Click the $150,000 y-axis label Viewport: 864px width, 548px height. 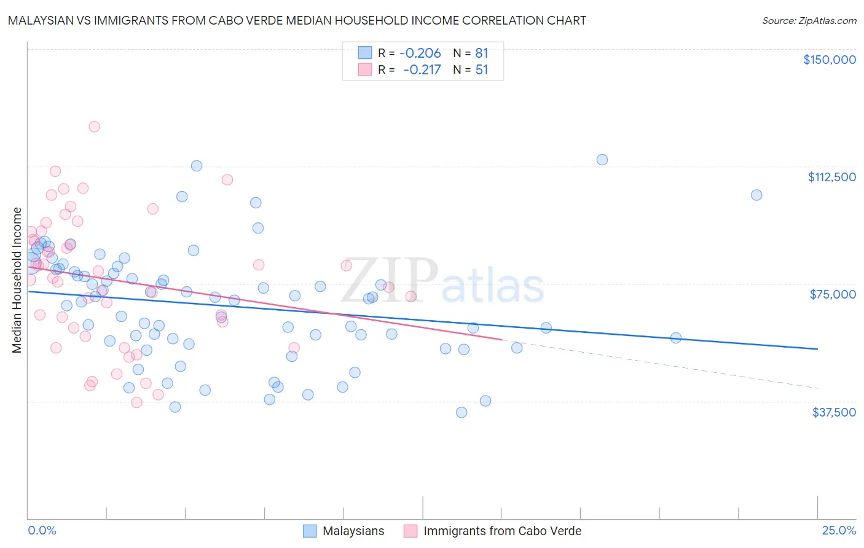(829, 60)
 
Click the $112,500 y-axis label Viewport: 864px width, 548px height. (831, 177)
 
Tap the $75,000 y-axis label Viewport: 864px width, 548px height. (833, 294)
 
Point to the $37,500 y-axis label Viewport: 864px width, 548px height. (834, 412)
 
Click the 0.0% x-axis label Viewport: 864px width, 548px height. (42, 531)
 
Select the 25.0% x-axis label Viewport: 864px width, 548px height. (839, 531)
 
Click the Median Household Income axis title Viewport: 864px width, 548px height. (17, 280)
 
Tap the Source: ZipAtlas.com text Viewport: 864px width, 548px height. (809, 21)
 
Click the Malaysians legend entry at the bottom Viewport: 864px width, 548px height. (353, 531)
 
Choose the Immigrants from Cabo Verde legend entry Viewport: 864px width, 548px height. (501, 531)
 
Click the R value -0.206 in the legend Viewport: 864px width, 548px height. (420, 53)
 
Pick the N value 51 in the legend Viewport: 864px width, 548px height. (482, 70)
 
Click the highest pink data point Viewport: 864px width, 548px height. (94, 127)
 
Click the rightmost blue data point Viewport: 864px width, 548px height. (756, 195)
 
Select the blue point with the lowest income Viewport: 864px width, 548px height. (461, 412)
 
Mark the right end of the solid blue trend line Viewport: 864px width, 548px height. (817, 349)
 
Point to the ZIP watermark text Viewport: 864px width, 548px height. (390, 280)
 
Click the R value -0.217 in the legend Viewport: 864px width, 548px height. (422, 70)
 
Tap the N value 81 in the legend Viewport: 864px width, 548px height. (482, 53)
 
